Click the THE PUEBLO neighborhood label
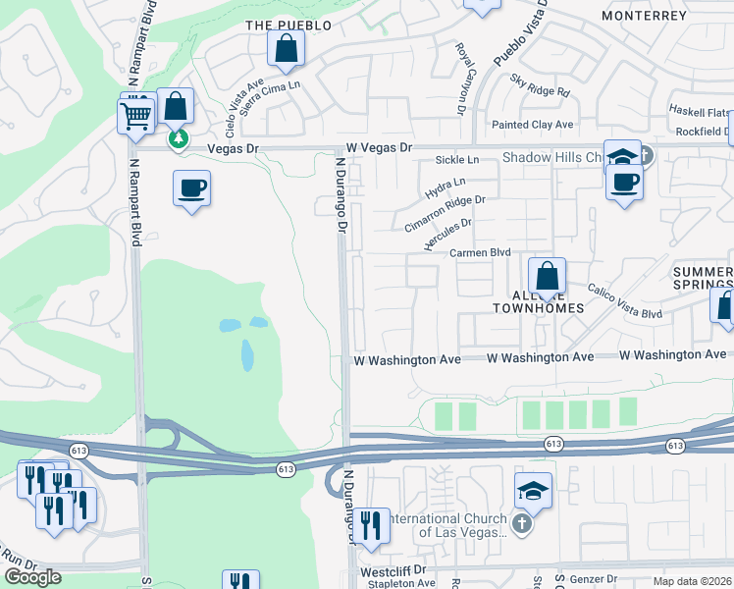[288, 25]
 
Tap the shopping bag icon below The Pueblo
[286, 48]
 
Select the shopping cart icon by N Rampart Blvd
[135, 115]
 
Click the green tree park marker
[178, 139]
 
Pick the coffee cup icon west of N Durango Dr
[191, 187]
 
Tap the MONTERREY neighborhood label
[645, 17]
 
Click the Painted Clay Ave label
[533, 125]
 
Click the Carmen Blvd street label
[481, 252]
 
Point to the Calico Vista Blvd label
[624, 301]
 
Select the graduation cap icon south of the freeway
[533, 490]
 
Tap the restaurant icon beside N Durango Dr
[371, 525]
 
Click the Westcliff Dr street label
[393, 569]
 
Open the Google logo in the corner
[32, 577]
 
